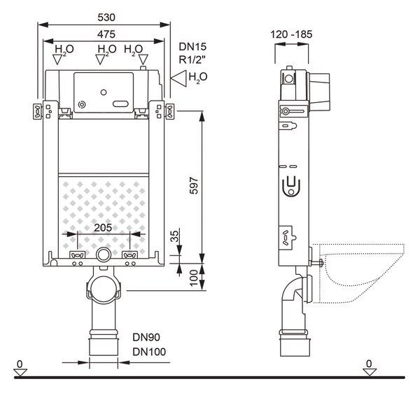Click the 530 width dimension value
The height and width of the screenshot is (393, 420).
[106, 17]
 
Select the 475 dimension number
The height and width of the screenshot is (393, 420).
[106, 34]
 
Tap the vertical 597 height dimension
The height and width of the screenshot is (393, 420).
[194, 185]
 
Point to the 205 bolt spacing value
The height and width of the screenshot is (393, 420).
[103, 228]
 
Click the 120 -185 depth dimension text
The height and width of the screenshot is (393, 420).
[291, 34]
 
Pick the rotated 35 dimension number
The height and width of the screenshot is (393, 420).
[174, 236]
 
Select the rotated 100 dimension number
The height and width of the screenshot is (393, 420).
[194, 278]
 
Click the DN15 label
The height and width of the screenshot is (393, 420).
[192, 47]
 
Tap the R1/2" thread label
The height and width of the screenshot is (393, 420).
[192, 60]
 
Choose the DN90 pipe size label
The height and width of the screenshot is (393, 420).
[146, 337]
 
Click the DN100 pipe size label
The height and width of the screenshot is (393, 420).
[149, 352]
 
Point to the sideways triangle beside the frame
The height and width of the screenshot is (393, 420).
[178, 78]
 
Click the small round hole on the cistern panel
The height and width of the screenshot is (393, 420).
[104, 92]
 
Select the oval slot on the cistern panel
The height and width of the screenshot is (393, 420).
[120, 103]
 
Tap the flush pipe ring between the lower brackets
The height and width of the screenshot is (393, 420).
[104, 255]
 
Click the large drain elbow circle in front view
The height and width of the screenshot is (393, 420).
[104, 290]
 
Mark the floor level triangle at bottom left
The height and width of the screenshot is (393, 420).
[20, 373]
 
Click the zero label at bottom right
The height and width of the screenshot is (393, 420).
[369, 364]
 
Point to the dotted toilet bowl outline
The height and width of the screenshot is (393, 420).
[362, 273]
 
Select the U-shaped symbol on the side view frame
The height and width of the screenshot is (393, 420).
[291, 187]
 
